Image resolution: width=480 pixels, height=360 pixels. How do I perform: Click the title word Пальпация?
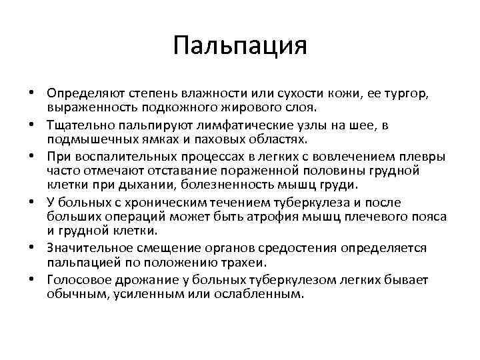[x=239, y=47]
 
